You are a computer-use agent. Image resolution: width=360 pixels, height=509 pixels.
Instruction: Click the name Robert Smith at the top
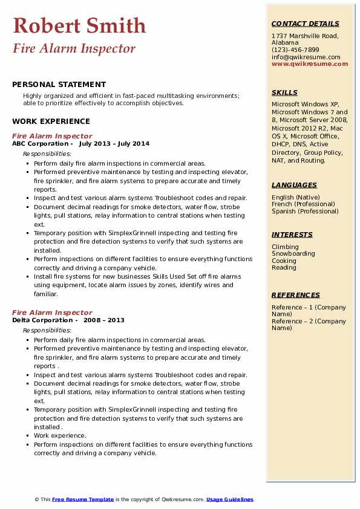point(79,25)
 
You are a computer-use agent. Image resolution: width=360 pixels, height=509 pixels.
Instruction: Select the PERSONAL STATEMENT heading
point(59,85)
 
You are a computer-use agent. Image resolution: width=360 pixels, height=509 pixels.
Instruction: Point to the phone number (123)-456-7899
point(295,50)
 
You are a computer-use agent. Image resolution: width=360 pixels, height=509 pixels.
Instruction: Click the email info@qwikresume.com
point(306,57)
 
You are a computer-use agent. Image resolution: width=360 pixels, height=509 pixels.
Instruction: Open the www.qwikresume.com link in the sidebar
point(310,63)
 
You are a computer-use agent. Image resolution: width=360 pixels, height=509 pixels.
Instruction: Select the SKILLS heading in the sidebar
point(284,92)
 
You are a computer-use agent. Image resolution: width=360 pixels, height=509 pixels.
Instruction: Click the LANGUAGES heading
point(294,185)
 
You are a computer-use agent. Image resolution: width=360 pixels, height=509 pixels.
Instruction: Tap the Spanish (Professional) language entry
point(306,212)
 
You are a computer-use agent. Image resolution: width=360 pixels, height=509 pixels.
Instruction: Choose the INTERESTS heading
point(292,235)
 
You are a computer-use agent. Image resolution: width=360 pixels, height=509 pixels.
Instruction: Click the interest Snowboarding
point(293,254)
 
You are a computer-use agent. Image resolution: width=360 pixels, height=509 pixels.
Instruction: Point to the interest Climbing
point(285,247)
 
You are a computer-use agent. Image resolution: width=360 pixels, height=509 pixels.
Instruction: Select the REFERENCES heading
point(296,295)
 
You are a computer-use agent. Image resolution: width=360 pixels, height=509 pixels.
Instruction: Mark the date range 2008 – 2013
point(103,320)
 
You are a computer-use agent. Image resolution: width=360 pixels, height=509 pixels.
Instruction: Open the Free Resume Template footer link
point(83,499)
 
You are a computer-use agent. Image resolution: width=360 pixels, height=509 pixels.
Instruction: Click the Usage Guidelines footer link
point(230,499)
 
